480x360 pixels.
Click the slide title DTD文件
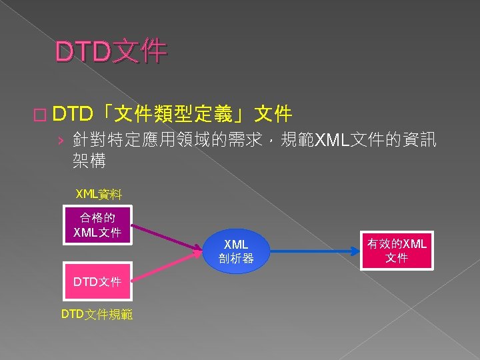pyautogui.click(x=111, y=51)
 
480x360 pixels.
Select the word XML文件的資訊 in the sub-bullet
pyautogui.click(x=375, y=140)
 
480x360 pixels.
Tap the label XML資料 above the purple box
pyautogui.click(x=99, y=194)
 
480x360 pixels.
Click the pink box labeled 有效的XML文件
pyautogui.click(x=397, y=251)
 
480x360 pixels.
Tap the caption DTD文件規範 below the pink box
pyautogui.click(x=97, y=313)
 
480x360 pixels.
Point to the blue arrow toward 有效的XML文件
pyautogui.click(x=313, y=252)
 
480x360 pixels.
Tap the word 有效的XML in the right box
pyautogui.click(x=397, y=243)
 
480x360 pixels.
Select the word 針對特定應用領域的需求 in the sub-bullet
pyautogui.click(x=171, y=140)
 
